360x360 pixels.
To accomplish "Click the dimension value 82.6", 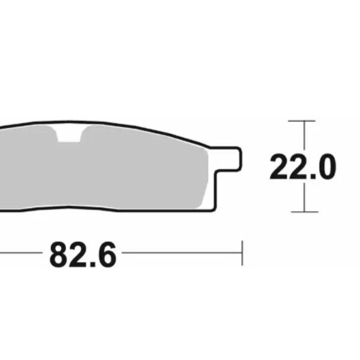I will [x=82, y=255].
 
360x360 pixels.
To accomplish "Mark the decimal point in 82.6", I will [x=91, y=265].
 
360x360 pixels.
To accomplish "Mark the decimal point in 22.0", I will [x=310, y=177].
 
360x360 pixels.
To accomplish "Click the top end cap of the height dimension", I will [x=302, y=121].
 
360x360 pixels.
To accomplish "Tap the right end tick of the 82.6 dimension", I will [x=241, y=253].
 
